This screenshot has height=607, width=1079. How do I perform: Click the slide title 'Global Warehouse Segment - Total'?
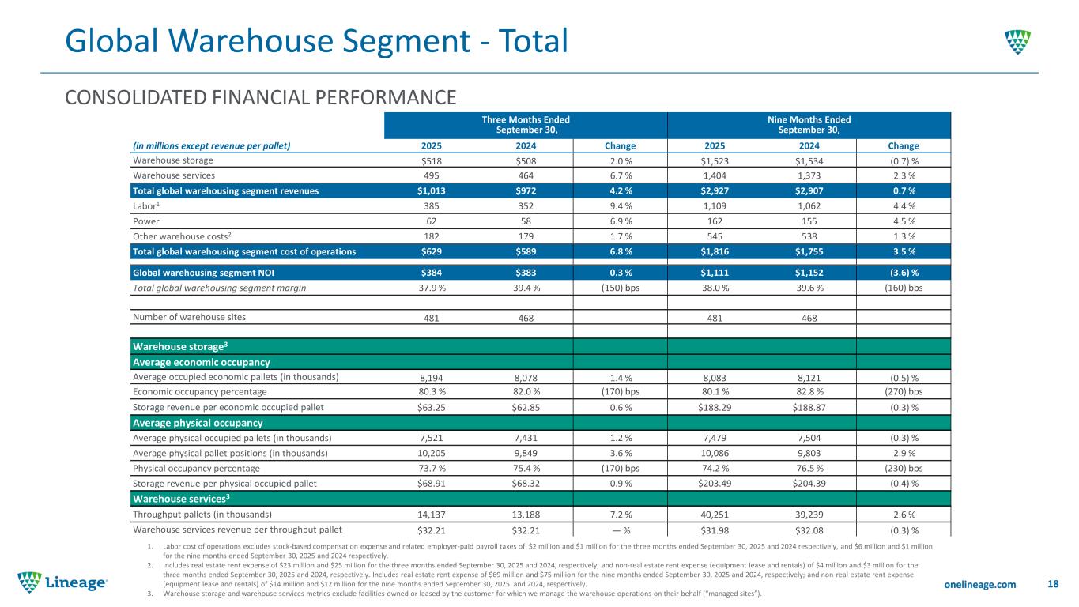click(315, 41)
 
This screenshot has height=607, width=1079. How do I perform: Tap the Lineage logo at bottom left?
click(63, 582)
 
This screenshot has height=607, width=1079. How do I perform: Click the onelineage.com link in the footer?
click(980, 584)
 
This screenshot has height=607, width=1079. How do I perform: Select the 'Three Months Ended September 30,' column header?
click(526, 125)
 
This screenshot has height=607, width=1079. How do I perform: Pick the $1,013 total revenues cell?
click(432, 191)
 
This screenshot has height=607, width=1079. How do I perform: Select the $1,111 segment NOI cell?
click(715, 273)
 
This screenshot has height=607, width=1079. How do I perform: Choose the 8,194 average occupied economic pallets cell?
click(432, 377)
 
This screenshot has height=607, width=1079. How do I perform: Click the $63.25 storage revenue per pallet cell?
click(432, 408)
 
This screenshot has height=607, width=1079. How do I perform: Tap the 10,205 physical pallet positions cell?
click(432, 453)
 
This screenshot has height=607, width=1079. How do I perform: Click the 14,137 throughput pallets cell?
click(432, 514)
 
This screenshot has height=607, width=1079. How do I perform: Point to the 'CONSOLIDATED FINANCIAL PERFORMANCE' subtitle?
click(261, 97)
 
